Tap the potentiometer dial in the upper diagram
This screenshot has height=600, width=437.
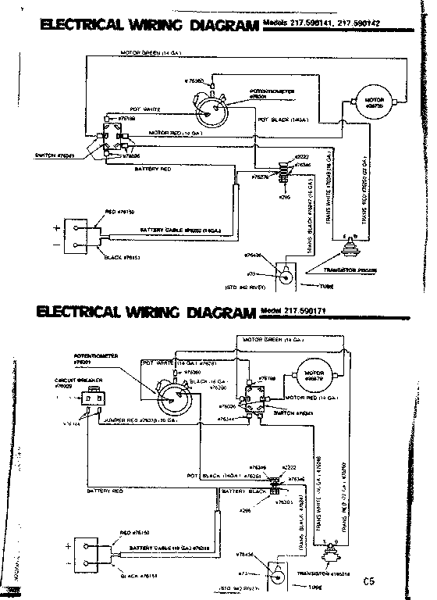(x=210, y=109)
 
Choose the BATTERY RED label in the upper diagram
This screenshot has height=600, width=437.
(x=155, y=168)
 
